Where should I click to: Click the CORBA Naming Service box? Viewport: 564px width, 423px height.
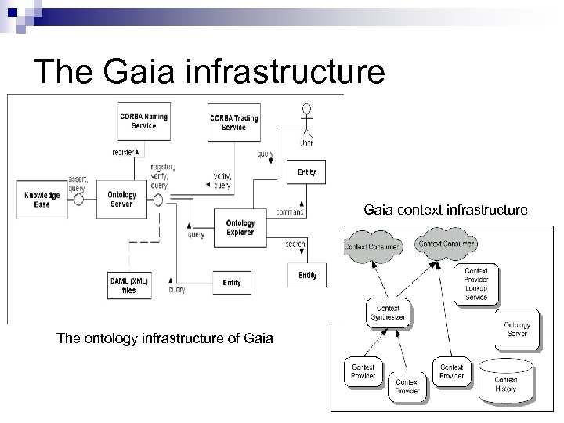143,121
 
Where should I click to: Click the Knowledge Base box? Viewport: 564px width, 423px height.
42,199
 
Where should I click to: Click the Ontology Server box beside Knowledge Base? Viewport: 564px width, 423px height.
121,199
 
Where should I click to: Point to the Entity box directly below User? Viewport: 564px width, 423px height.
307,172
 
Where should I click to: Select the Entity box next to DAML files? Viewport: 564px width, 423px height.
231,282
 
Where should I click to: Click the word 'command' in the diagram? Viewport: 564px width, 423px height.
290,212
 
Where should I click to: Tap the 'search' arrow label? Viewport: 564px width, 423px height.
295,244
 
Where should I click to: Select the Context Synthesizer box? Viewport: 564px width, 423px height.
389,313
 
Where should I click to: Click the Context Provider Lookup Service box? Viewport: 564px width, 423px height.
475,282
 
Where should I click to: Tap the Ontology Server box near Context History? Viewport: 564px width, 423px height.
517,329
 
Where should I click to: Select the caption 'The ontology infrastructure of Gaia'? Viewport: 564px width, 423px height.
164,338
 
